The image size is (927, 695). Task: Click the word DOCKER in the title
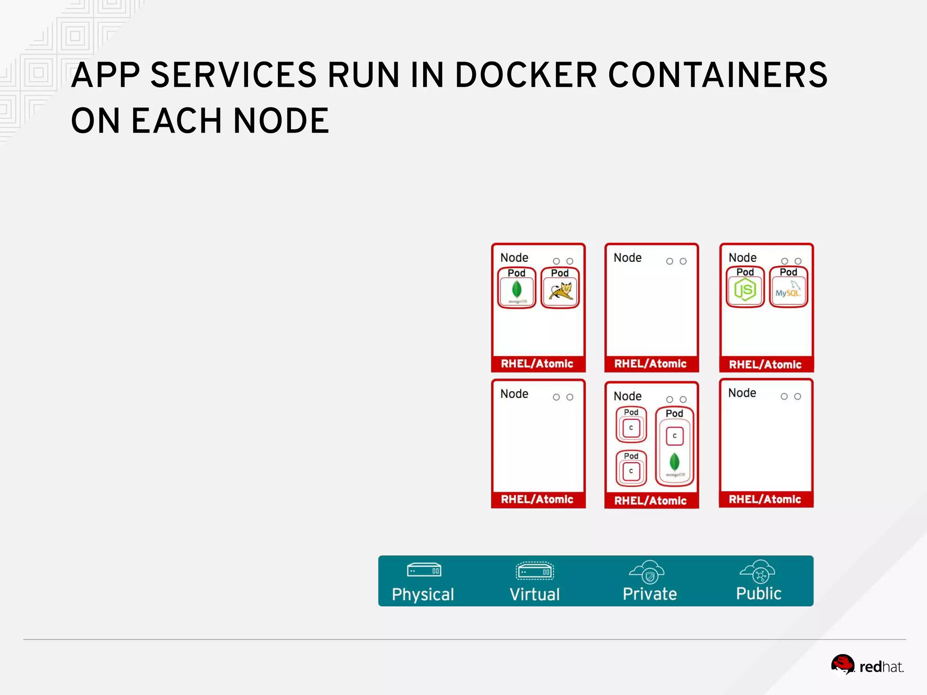point(526,75)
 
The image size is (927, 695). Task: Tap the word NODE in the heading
point(281,121)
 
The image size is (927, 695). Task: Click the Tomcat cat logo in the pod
point(560,290)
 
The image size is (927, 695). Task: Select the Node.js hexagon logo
point(745,290)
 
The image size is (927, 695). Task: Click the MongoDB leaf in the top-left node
point(516,289)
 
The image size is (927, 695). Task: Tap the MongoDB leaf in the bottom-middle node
point(674,462)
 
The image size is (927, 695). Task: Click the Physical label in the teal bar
point(423,594)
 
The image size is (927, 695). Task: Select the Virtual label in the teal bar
point(535,594)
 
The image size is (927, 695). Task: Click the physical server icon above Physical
point(424,570)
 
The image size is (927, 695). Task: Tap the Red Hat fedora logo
point(842,664)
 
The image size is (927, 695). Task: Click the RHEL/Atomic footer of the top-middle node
point(650,364)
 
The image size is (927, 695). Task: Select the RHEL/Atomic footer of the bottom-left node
point(537,500)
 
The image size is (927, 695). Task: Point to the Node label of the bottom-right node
point(742,393)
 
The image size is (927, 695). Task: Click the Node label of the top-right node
point(742,257)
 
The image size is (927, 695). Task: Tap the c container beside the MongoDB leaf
point(674,436)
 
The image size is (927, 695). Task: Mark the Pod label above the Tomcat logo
point(560,273)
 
